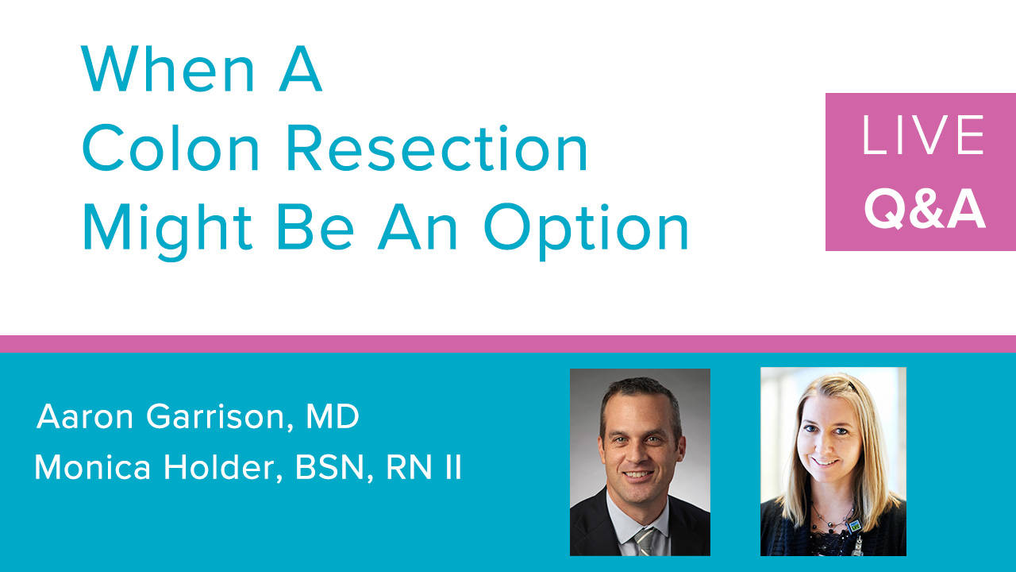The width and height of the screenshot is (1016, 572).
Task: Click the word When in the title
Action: tap(167, 68)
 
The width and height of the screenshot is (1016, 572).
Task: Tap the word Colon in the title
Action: tap(171, 148)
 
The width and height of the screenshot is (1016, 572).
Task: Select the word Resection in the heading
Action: tap(437, 148)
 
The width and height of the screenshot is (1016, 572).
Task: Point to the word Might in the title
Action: tap(167, 230)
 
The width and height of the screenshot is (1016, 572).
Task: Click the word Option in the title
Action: tap(587, 230)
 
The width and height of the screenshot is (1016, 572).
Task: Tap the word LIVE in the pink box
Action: tap(923, 135)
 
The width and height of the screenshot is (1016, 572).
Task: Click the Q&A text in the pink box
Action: tap(925, 208)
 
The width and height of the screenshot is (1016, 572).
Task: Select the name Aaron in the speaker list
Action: tap(85, 416)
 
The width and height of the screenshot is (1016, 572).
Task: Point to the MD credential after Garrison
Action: tap(333, 416)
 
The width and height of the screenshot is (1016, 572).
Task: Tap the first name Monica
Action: tap(93, 467)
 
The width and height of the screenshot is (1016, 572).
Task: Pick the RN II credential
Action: tap(424, 467)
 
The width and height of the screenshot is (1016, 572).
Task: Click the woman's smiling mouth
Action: tap(825, 462)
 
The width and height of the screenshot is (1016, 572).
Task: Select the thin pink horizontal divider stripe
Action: tap(508, 344)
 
